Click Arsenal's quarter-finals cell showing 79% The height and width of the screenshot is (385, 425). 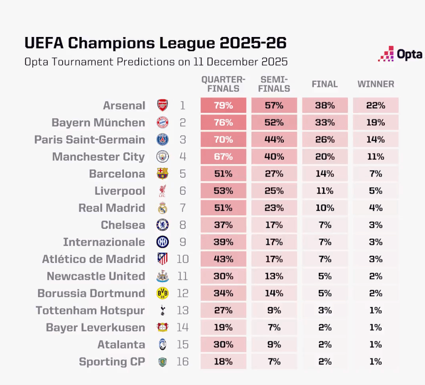(x=223, y=105)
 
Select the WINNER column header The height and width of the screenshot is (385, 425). (x=376, y=84)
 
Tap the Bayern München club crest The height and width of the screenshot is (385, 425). (x=163, y=122)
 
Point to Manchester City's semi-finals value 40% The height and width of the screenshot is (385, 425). (x=274, y=157)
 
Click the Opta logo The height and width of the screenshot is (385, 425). (x=400, y=54)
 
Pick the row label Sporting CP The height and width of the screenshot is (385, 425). (x=112, y=362)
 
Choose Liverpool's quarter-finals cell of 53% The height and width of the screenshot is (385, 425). (x=223, y=191)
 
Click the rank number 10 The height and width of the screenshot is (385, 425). (x=182, y=259)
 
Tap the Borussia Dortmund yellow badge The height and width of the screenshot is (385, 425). (x=163, y=293)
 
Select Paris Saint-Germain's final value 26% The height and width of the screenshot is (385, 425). (x=325, y=140)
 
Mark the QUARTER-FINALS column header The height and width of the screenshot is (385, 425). (x=223, y=84)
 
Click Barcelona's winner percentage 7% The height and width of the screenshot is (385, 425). (x=376, y=174)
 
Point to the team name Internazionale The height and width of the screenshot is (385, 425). (x=104, y=242)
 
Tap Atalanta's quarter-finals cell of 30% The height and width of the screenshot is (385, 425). (x=223, y=345)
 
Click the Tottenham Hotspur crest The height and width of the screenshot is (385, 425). (x=163, y=310)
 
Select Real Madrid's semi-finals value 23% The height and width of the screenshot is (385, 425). (x=274, y=208)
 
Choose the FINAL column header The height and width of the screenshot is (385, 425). (x=325, y=84)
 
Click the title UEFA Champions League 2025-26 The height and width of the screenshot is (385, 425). (x=155, y=43)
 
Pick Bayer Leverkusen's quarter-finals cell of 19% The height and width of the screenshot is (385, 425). (x=223, y=328)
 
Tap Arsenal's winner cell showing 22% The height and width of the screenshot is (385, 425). (x=376, y=105)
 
